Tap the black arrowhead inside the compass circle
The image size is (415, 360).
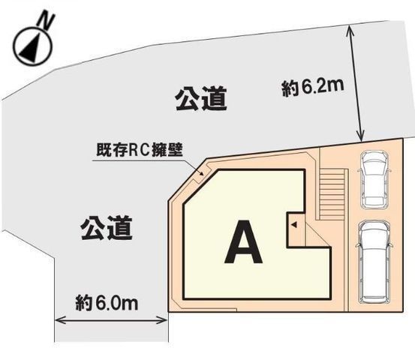click(x=31, y=46)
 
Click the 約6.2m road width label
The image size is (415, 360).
click(x=313, y=87)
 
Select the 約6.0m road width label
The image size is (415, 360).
click(x=107, y=303)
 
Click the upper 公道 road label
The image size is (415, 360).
click(x=201, y=99)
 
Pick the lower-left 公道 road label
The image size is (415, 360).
click(x=107, y=228)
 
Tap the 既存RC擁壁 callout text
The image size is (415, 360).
click(x=140, y=151)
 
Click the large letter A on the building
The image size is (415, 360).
click(x=243, y=241)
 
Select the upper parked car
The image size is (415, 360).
click(x=374, y=179)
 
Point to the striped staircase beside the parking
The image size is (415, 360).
click(x=332, y=194)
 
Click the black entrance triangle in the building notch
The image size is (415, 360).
click(x=294, y=225)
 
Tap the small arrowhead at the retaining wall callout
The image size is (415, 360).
click(x=201, y=174)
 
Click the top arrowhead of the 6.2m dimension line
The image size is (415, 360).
click(x=351, y=29)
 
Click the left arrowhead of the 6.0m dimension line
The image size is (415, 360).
click(x=59, y=321)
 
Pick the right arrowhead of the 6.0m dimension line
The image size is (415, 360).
click(x=163, y=321)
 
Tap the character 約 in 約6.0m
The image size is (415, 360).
click(x=83, y=304)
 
